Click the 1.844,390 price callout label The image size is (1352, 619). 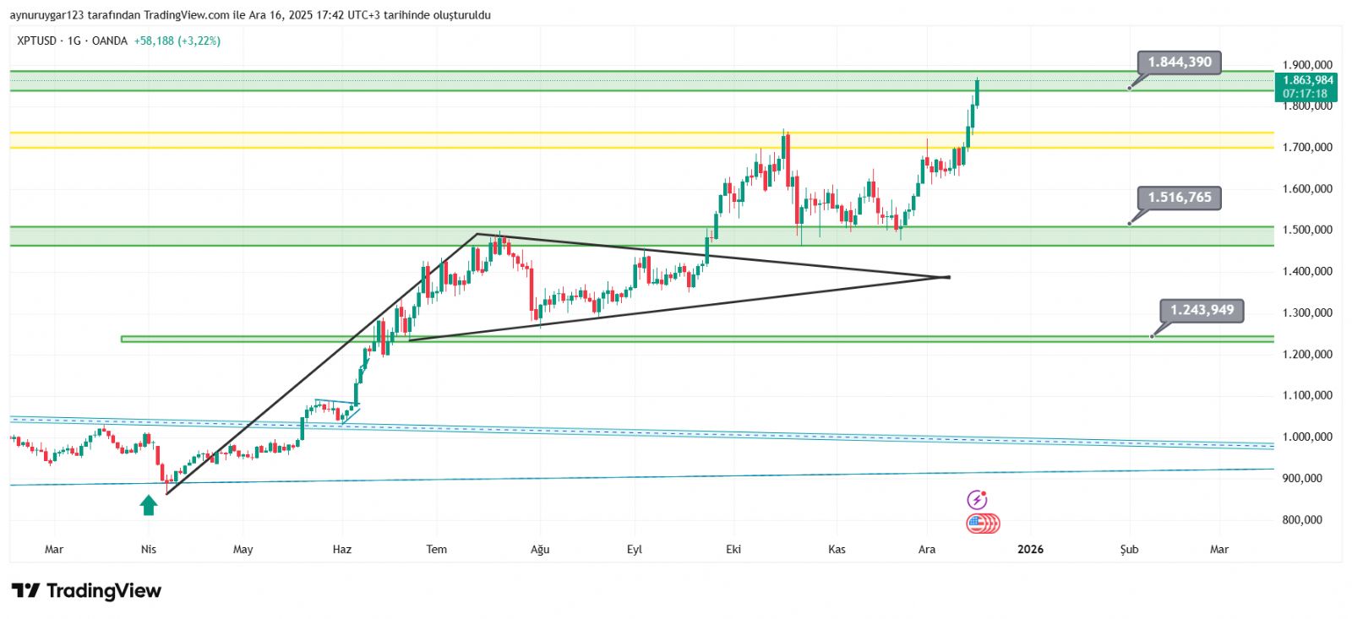pos(1179,62)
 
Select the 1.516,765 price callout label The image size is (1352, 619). pos(1179,198)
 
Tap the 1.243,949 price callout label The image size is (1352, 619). pos(1202,310)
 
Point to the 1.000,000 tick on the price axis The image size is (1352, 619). pos(1306,437)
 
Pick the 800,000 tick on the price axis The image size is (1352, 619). pos(1301,519)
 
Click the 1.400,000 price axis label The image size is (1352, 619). pos(1306,271)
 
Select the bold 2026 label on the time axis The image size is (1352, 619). pos(1030,549)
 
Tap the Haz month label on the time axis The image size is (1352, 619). pos(341,549)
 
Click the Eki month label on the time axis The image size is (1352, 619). pos(733,549)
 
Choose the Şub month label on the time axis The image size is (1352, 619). pos(1129,549)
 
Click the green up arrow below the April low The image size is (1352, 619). pos(149,505)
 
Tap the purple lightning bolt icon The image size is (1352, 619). pos(977,500)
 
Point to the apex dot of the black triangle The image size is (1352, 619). pos(948,277)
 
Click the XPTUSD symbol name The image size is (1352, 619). pos(36,41)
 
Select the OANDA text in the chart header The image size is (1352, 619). pos(110,41)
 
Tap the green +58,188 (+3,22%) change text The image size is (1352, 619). pos(177,41)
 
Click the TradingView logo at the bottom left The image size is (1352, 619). pos(86,590)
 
